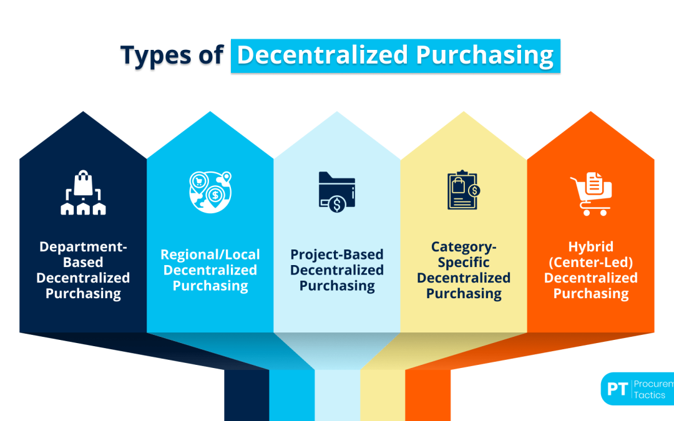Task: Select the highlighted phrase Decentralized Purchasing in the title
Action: tap(395, 56)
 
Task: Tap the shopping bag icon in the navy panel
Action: tap(83, 193)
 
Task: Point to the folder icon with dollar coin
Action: tap(336, 193)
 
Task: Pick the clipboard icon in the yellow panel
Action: tap(463, 190)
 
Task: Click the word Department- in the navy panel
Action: tap(83, 247)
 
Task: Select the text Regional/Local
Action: tap(210, 254)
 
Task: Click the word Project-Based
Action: tap(337, 254)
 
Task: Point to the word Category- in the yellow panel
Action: tap(464, 247)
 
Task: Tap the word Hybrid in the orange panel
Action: tap(590, 247)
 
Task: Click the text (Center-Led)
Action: tap(590, 262)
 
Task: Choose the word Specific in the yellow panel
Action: tap(464, 262)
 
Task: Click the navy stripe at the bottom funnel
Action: tap(247, 395)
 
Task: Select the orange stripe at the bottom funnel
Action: tap(427, 395)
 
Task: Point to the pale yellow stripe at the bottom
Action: tap(382, 395)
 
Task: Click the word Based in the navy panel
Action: tap(83, 262)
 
